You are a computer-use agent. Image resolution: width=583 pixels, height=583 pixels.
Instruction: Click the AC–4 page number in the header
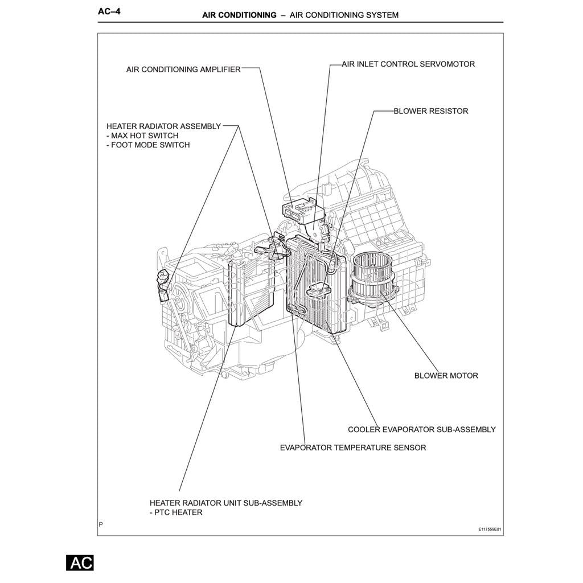click(109, 12)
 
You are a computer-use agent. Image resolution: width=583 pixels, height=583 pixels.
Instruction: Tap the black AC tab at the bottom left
click(80, 563)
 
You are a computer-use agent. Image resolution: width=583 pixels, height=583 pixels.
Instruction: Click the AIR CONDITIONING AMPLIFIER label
click(183, 69)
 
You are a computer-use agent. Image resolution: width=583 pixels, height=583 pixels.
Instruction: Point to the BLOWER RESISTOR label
click(430, 111)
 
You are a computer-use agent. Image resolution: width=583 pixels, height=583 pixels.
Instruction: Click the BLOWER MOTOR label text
click(446, 376)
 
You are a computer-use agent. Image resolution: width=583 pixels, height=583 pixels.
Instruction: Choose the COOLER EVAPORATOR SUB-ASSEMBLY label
click(421, 430)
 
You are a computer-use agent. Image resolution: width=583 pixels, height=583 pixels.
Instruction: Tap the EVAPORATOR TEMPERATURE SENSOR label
click(352, 448)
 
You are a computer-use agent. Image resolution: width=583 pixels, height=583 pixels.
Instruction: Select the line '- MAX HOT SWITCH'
click(142, 136)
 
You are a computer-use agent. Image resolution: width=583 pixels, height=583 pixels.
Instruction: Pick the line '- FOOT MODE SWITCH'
click(148, 145)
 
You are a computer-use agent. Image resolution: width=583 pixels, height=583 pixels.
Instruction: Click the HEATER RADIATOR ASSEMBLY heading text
click(163, 126)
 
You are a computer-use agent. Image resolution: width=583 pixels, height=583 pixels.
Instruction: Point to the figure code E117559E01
click(490, 529)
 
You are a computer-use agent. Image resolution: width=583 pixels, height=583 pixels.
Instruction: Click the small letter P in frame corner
click(101, 524)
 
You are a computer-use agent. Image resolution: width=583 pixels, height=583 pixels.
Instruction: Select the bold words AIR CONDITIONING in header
click(239, 15)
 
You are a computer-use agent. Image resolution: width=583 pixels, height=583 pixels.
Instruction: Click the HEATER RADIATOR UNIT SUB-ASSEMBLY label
click(225, 503)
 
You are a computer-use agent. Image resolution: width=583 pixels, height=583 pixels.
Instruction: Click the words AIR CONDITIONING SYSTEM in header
click(344, 15)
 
